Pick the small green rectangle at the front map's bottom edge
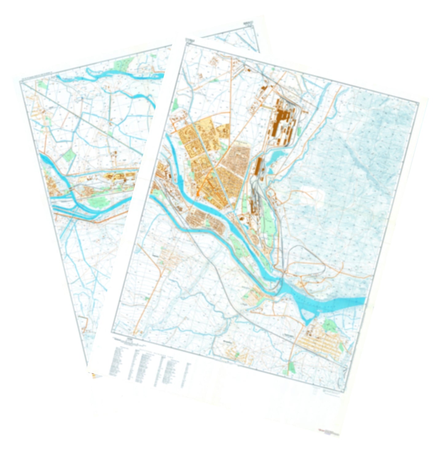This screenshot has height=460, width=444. click(291, 367)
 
